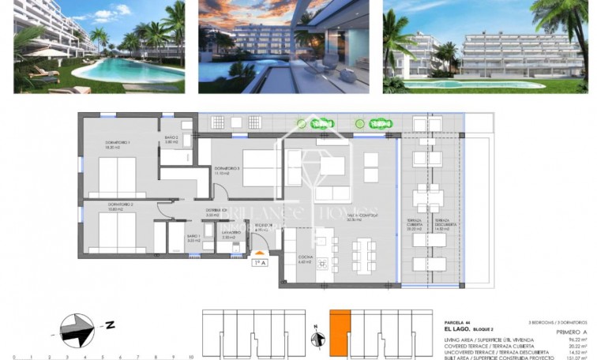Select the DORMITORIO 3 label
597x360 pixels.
227,170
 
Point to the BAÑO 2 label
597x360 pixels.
172,139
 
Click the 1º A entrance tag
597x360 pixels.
258,262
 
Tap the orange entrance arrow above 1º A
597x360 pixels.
258,253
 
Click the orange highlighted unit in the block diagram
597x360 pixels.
340,331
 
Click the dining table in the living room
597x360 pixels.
364,253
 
